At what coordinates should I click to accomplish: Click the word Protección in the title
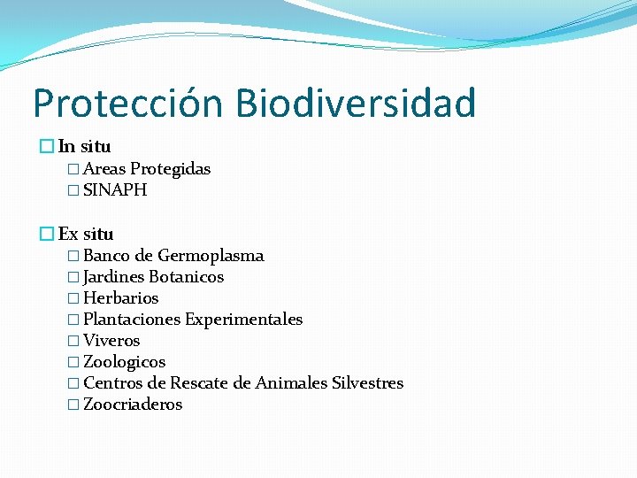point(128,104)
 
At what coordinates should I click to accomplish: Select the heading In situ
point(84,147)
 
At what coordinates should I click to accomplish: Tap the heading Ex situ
point(86,235)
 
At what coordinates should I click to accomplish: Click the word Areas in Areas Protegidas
point(104,169)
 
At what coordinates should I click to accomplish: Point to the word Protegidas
point(171,169)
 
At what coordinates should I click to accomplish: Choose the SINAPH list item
point(115,190)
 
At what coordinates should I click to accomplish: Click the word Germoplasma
point(211,256)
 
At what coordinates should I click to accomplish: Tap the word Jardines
point(113,277)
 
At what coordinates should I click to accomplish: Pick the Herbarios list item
point(120,298)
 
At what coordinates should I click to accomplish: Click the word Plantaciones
point(131,320)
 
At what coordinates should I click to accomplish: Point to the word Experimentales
point(243,320)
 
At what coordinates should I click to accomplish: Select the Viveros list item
point(111,341)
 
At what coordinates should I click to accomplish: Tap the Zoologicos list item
point(124,362)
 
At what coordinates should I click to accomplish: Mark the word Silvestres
point(367,383)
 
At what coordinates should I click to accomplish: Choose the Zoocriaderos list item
point(133,405)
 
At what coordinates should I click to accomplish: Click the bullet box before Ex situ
point(48,235)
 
